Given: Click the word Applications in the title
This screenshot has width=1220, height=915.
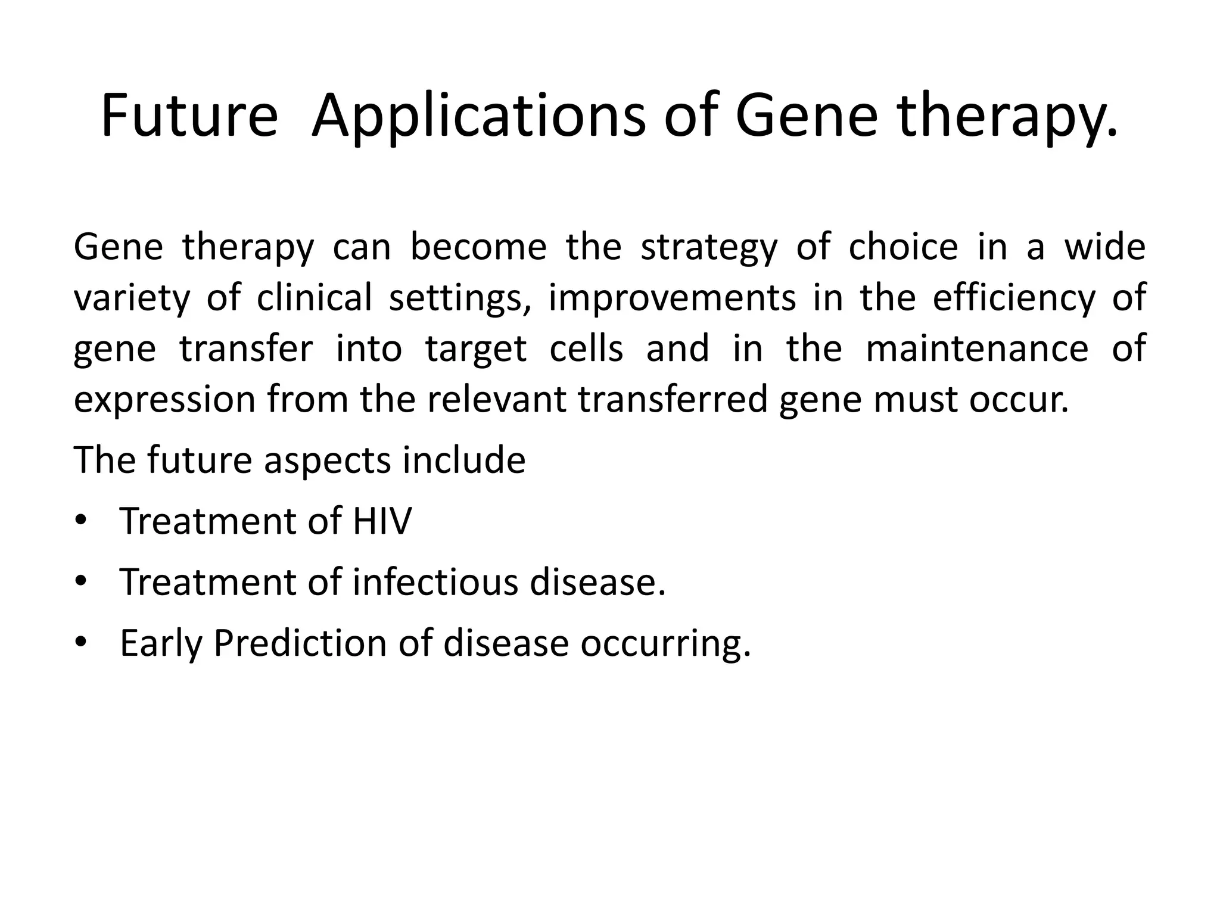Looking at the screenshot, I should [478, 117].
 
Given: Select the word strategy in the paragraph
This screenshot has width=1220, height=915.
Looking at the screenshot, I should [709, 248].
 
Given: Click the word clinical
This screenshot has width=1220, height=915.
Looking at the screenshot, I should [315, 297].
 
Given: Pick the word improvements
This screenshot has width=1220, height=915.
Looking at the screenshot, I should [672, 298].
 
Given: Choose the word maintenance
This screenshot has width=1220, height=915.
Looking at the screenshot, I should [977, 348].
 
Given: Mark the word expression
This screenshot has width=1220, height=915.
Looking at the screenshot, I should [164, 401].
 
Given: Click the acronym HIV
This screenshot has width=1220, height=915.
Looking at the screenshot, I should [382, 521].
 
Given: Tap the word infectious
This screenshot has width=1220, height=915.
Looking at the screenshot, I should [435, 582].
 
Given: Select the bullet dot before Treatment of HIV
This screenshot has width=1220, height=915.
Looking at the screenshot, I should [81, 519].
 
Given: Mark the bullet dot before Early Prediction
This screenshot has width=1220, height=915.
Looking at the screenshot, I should [81, 642].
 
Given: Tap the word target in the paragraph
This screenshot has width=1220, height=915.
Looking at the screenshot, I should [476, 350].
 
